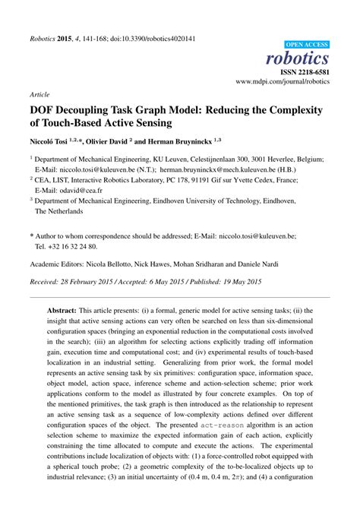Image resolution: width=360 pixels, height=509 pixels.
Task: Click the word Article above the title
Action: tap(39, 95)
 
